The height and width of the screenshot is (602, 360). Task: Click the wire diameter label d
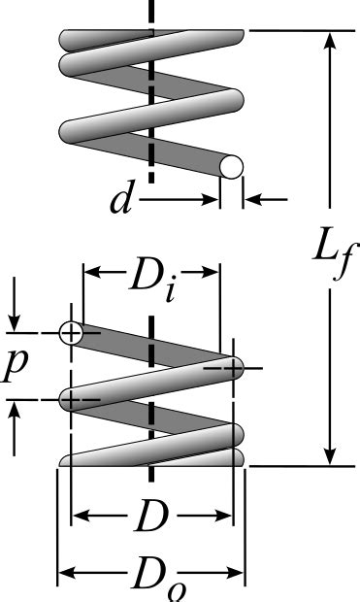[x=120, y=201]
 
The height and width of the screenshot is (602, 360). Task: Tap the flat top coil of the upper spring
[x=150, y=38]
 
